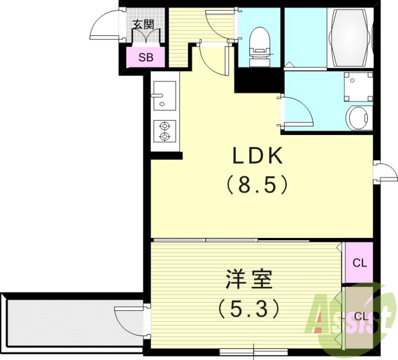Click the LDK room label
pyautogui.click(x=258, y=156)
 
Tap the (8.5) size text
pyautogui.click(x=258, y=186)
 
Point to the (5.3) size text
pyautogui.click(x=249, y=309)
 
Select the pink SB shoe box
pyautogui.click(x=146, y=57)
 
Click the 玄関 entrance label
pyautogui.click(x=146, y=24)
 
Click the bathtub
pyautogui.click(x=350, y=38)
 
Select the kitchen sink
pyautogui.click(x=164, y=95)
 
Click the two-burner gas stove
pyautogui.click(x=164, y=130)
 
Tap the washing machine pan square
pyautogui.click(x=358, y=86)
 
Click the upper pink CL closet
pyautogui.click(x=360, y=262)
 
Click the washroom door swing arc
pyautogui.click(x=298, y=111)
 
